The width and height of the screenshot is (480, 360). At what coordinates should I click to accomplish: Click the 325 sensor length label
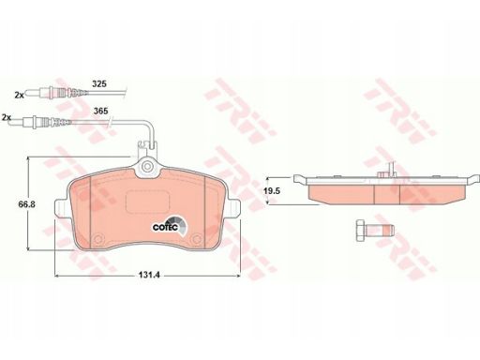(99, 83)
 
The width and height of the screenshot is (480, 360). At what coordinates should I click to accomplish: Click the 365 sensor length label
(101, 111)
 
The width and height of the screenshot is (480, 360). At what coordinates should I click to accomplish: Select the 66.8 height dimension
(26, 204)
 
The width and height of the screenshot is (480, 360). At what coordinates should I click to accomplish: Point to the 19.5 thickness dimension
(272, 191)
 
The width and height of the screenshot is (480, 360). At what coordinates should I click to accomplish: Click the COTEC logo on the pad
(169, 226)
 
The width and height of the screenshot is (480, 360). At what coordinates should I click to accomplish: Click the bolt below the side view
(375, 231)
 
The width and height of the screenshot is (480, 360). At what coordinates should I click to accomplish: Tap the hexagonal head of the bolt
(360, 231)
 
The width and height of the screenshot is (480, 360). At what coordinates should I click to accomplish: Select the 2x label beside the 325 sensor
(20, 96)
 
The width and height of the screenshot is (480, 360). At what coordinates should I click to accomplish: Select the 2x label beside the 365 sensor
(7, 118)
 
